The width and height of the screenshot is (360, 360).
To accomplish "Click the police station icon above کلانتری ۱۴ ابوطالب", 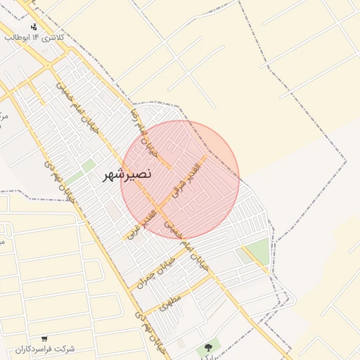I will pos(34,27).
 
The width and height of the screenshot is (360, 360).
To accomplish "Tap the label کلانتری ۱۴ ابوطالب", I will pos(34,37).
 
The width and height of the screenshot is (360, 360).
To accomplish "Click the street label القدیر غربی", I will pos(143,220).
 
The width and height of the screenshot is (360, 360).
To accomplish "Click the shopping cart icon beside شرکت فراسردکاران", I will pos(44,338).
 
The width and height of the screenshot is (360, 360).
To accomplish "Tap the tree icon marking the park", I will pos(207,347).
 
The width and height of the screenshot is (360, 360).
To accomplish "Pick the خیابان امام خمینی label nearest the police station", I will pos(78,108).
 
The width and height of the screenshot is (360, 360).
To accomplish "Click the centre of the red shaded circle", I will pos(180,180).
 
